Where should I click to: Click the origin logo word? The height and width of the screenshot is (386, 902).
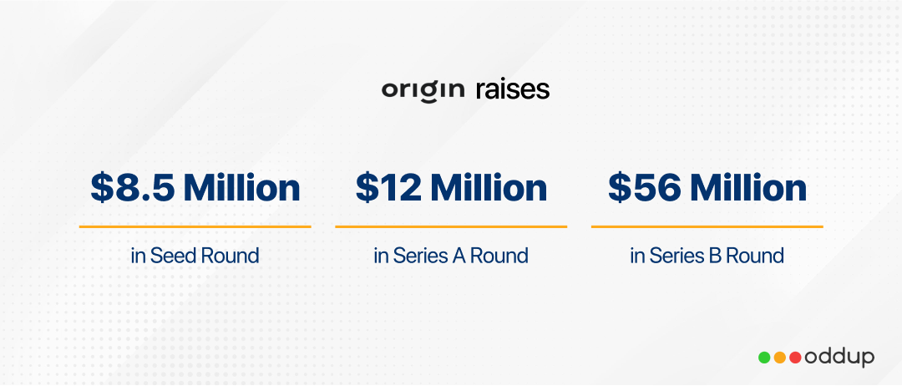(423, 91)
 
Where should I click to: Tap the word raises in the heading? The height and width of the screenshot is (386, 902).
(513, 89)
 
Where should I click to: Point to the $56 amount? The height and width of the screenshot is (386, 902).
(645, 188)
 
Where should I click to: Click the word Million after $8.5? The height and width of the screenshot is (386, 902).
(242, 187)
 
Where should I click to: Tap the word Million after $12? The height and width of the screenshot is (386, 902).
(489, 187)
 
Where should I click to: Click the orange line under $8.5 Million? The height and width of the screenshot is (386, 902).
(195, 226)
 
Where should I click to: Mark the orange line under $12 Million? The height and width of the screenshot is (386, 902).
(451, 226)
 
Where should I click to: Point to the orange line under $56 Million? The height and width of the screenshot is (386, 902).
(707, 226)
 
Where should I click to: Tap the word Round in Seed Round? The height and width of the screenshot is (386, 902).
(228, 256)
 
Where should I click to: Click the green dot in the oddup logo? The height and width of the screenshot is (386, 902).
(764, 358)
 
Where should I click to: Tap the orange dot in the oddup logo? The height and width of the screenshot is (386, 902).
(780, 358)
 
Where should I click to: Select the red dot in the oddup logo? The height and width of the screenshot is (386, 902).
(796, 358)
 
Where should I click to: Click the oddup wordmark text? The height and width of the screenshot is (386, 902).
(839, 358)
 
